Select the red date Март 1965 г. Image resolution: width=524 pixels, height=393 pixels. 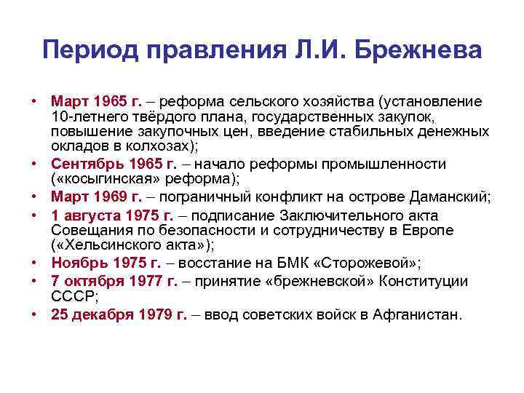point(92,100)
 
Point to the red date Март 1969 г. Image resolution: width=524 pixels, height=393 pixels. point(92,196)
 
